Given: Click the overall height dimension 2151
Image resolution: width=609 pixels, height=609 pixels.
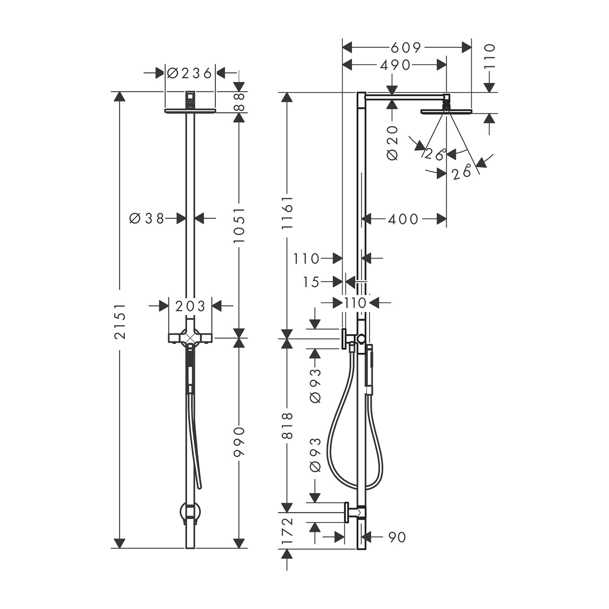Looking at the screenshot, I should [120, 321].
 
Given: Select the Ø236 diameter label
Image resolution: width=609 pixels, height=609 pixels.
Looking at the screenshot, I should [190, 73].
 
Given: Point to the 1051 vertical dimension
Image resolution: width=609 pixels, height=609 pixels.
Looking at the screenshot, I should [239, 225].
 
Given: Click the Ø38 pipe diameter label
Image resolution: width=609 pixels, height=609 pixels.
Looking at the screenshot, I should [147, 218].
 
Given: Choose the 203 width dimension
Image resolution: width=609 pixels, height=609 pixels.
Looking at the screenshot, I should [190, 306].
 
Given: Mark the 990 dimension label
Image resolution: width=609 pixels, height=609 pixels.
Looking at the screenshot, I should [239, 441].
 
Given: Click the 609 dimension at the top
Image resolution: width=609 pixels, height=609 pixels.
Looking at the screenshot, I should [406, 48].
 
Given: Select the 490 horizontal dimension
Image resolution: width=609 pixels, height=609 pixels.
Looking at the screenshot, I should [395, 65].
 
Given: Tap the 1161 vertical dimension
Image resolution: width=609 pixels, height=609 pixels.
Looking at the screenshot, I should [287, 212].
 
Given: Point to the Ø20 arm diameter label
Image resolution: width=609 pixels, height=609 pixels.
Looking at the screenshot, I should [393, 143].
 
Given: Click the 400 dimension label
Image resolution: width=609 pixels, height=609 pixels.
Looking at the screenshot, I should [403, 219].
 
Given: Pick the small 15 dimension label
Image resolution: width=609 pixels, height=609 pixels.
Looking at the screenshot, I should [311, 282].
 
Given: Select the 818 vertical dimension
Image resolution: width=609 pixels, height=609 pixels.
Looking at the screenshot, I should [287, 425].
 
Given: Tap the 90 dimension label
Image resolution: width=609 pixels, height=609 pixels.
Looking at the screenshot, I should [397, 537].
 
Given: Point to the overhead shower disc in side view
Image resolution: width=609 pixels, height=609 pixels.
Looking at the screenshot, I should [446, 111].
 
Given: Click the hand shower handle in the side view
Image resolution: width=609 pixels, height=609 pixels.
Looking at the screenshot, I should [369, 367].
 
